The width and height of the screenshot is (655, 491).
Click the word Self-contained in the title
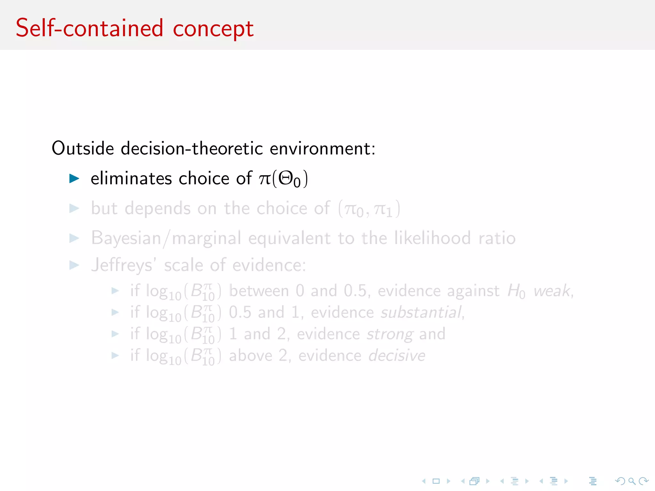[x=89, y=28]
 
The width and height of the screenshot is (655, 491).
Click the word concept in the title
[x=213, y=29]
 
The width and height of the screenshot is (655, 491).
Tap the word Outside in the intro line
[x=83, y=148]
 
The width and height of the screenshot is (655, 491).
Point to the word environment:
[x=322, y=148]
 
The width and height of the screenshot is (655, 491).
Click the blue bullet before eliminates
[x=74, y=178]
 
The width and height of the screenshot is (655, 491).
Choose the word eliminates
[x=131, y=178]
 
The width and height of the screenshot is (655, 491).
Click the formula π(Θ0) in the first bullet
[x=283, y=178]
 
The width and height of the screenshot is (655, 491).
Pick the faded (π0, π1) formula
[x=369, y=209]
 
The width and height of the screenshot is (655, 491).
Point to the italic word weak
[x=552, y=291]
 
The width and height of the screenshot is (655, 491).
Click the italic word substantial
[x=421, y=312]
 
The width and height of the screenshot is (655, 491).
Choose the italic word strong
[x=390, y=334]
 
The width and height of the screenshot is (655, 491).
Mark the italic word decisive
[x=397, y=356]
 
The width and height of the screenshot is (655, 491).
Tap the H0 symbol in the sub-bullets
[x=516, y=291]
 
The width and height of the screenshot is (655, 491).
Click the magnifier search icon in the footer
[x=632, y=481]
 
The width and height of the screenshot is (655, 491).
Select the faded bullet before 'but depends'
[x=74, y=208]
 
